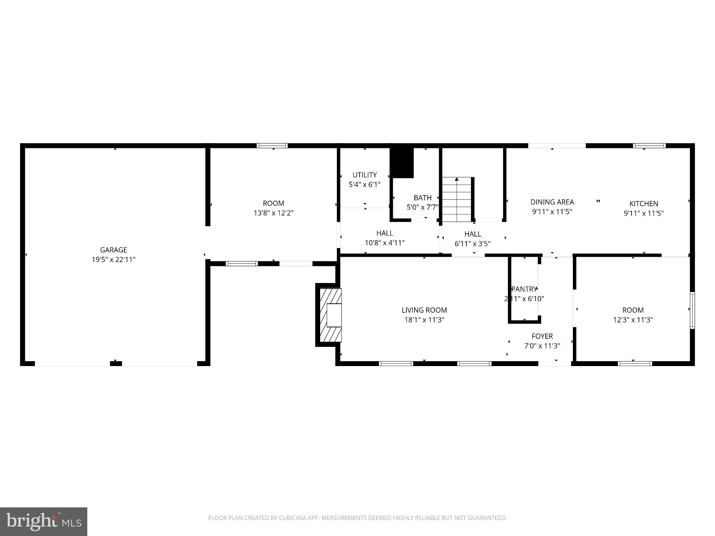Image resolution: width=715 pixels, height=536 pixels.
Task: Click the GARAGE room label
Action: point(113,250)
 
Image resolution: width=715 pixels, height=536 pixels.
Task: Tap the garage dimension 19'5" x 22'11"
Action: point(113,260)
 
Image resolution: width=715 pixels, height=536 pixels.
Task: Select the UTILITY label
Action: point(364,175)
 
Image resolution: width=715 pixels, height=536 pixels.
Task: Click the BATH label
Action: point(422,198)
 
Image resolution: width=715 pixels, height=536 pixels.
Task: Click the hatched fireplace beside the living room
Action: point(330,315)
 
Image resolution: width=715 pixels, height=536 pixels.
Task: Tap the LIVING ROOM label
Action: point(424,310)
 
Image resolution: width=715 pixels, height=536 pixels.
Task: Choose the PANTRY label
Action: point(524,289)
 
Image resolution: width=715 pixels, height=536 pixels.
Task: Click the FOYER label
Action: point(542,336)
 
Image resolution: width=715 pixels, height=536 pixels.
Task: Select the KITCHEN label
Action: point(643,203)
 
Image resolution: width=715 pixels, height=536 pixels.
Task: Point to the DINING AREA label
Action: point(552,202)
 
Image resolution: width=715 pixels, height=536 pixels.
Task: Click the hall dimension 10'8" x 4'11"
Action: point(385,243)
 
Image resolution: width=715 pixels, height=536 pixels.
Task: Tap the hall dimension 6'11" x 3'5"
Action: point(472,244)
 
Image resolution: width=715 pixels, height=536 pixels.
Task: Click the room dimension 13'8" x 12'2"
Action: point(273,213)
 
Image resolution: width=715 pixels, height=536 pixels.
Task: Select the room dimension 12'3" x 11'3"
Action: point(633,320)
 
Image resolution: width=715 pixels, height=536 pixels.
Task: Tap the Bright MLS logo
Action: point(44,521)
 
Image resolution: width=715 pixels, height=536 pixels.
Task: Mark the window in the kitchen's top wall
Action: point(649,146)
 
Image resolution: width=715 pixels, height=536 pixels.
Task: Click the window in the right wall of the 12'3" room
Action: point(692,310)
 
